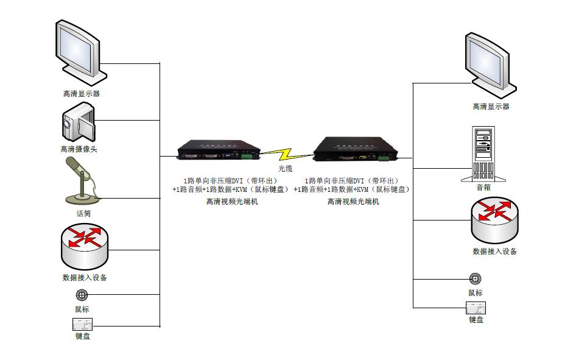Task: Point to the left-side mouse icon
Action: tap(82, 295)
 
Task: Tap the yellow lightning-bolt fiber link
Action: tap(287, 155)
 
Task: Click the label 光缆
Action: tap(286, 168)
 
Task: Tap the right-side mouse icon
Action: tap(476, 279)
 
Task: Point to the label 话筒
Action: tap(83, 214)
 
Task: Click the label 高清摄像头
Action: tap(79, 149)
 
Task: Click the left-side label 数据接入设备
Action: tap(85, 277)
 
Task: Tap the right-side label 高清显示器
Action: tap(491, 107)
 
